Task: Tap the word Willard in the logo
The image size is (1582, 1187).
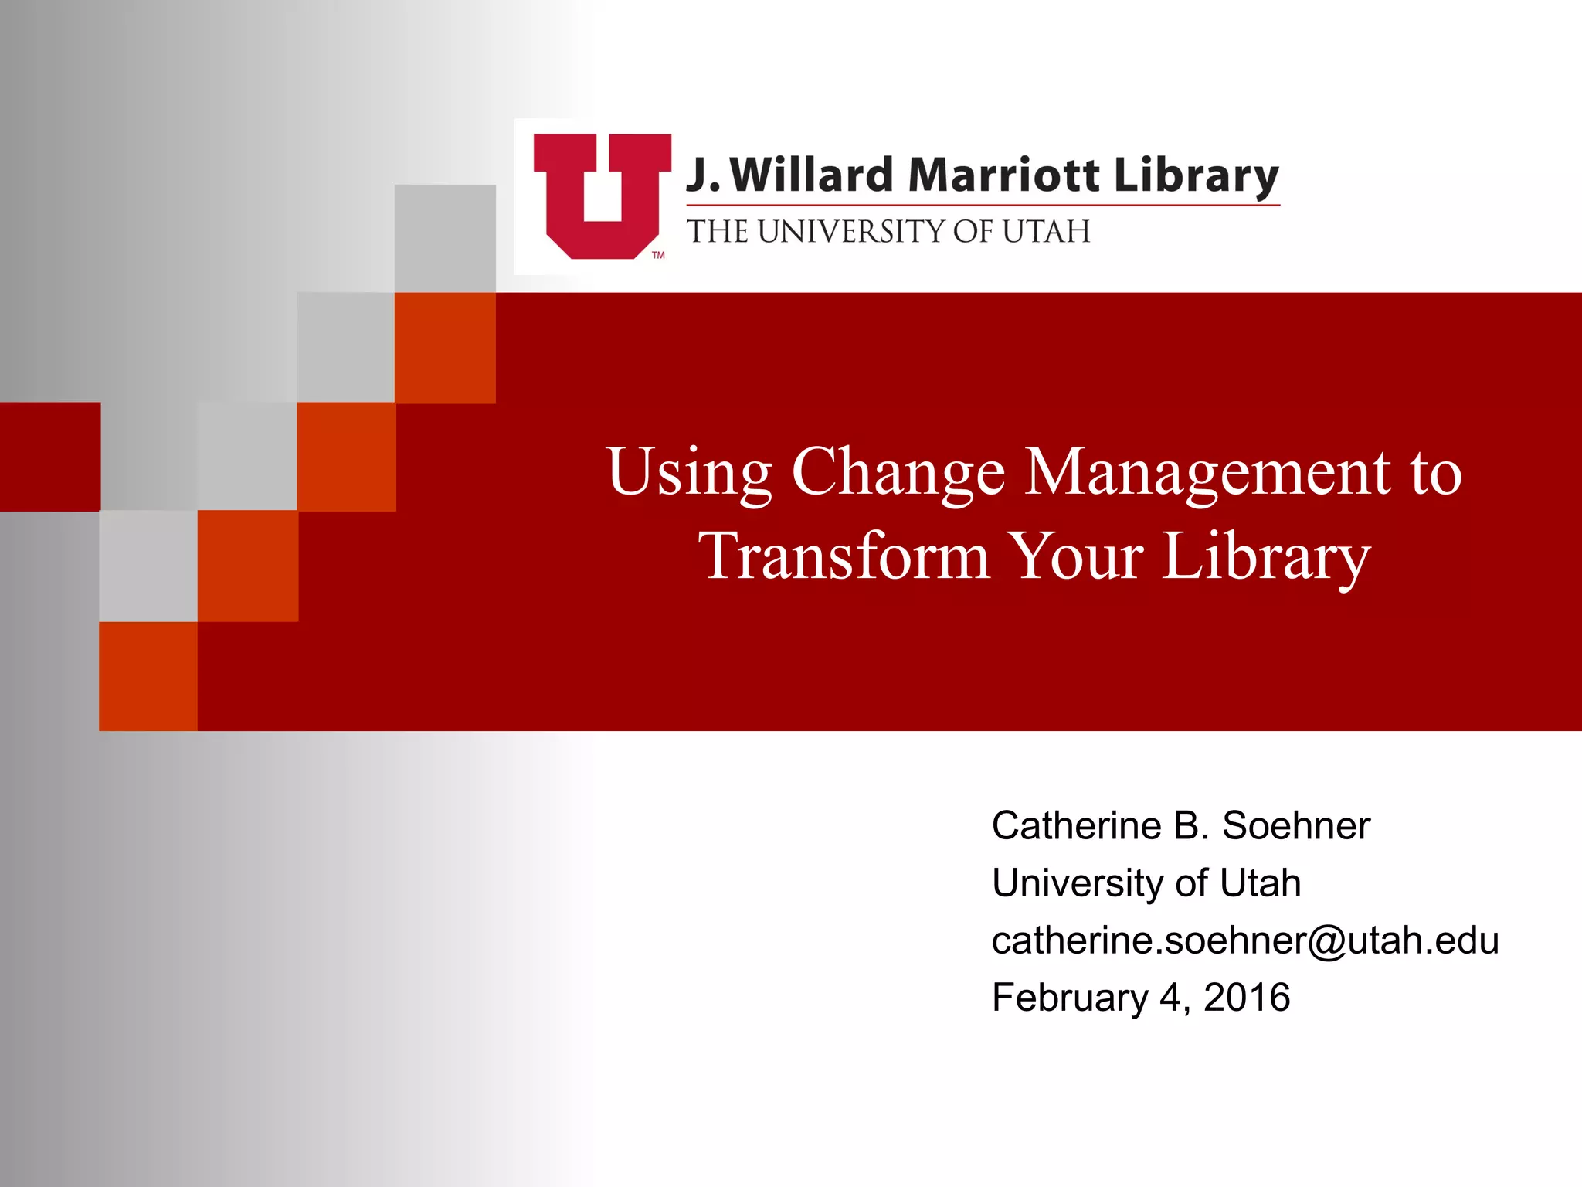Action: pos(811,175)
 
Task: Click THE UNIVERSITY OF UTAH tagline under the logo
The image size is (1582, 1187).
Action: pos(888,232)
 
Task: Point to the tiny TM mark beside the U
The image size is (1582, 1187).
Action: pos(658,255)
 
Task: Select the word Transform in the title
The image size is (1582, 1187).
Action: pos(844,556)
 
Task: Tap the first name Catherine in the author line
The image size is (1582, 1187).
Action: pos(1077,826)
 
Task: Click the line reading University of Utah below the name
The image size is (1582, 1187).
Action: pos(1146,883)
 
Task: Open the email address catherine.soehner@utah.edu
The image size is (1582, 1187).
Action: pos(1244,940)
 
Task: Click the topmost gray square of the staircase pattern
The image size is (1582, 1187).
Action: pos(445,238)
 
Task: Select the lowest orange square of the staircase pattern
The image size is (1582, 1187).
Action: pos(148,676)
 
